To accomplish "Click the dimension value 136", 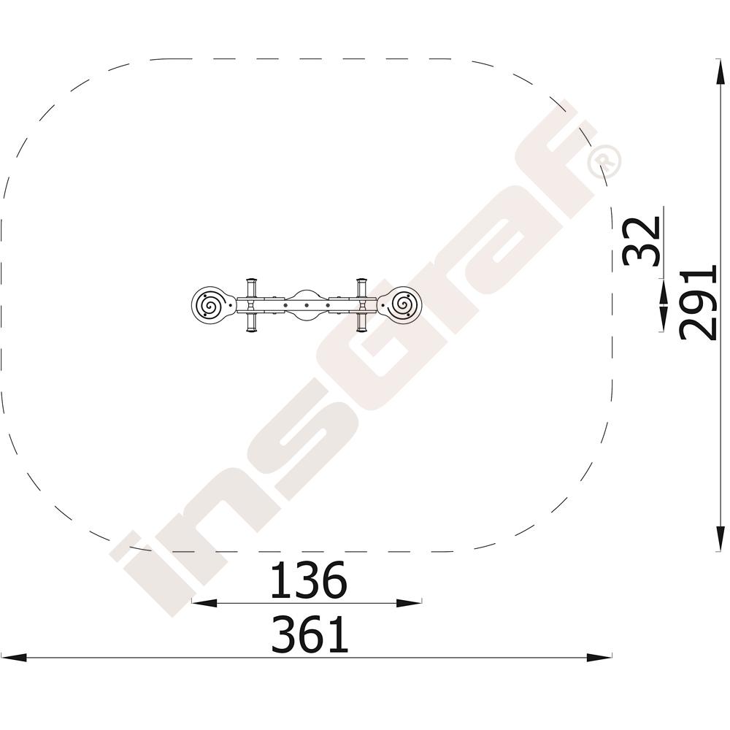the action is tap(309, 580).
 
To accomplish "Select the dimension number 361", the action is tap(310, 634).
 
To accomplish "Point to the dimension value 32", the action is tap(642, 241).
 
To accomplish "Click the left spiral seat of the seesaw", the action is tap(211, 306).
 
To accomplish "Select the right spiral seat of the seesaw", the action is tap(401, 305).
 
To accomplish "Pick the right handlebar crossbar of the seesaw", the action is tap(362, 305).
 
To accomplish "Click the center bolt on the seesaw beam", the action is tap(307, 305).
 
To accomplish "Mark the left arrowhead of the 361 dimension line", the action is tap(13, 658).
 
